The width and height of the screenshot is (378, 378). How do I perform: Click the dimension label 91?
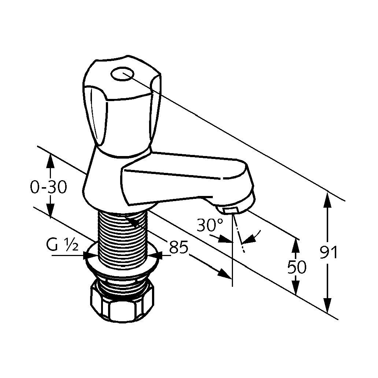coord(328,252)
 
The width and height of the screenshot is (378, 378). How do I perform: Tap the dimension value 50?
coord(297,267)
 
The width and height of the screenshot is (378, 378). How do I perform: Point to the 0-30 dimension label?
coord(48,187)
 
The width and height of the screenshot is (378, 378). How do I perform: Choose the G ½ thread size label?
coord(62,245)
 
